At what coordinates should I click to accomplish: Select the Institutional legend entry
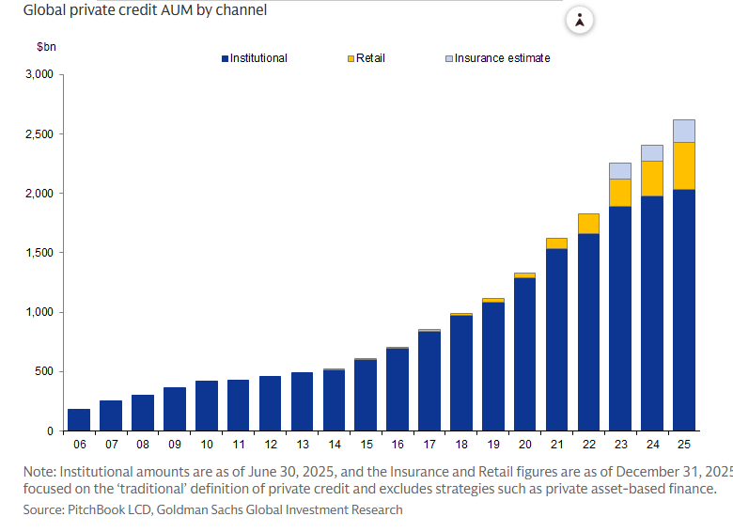(255, 58)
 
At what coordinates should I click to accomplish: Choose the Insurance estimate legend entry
(497, 58)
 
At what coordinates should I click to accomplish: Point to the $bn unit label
(46, 46)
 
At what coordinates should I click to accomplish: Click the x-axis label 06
(79, 444)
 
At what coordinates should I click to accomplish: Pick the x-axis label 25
(684, 444)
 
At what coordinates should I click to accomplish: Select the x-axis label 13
(302, 444)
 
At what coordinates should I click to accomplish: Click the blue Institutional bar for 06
(79, 420)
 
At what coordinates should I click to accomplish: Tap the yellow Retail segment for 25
(684, 166)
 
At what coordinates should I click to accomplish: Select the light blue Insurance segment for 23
(620, 171)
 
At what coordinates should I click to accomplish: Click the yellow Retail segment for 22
(588, 224)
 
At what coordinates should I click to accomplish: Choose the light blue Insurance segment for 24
(652, 153)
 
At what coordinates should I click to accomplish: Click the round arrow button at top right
(580, 20)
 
